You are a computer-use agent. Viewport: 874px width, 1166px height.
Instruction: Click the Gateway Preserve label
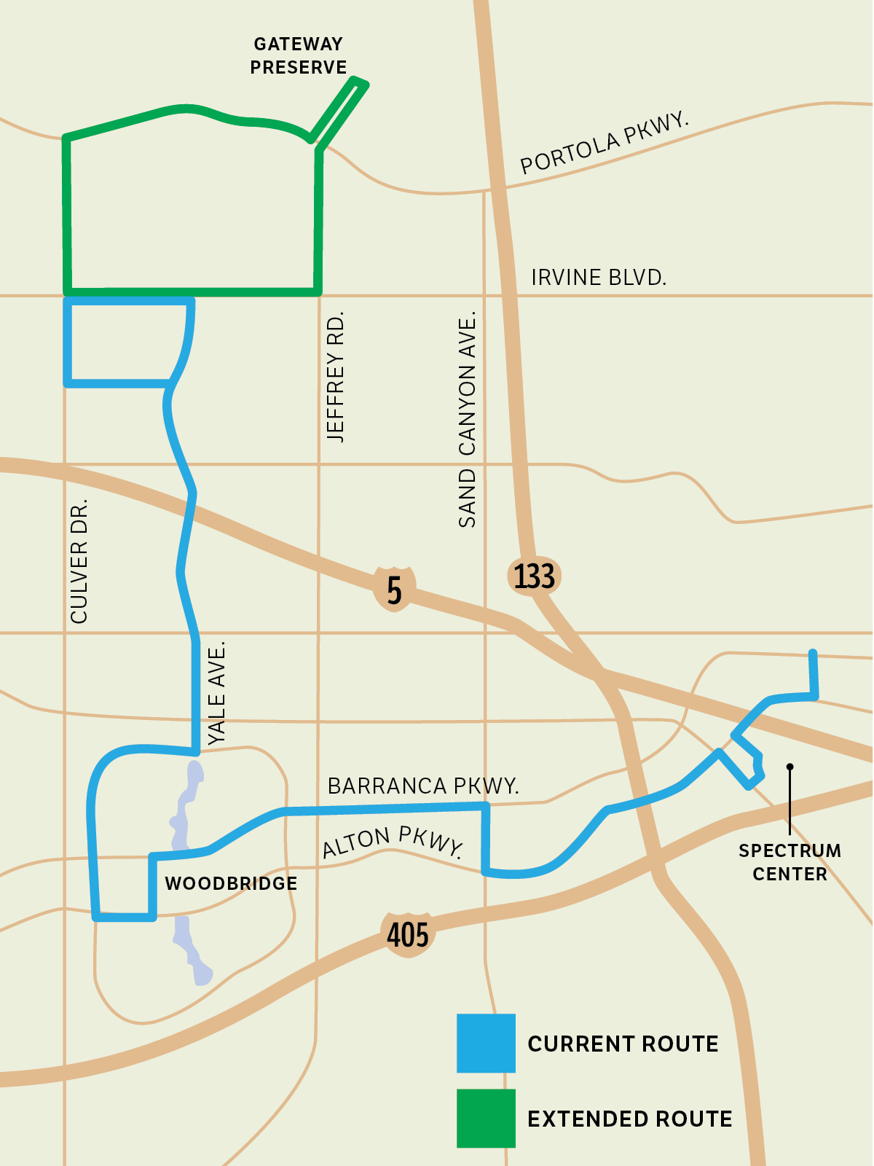299,56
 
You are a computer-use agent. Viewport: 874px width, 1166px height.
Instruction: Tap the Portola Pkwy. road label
604,143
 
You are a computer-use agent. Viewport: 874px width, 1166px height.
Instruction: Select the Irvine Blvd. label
599,278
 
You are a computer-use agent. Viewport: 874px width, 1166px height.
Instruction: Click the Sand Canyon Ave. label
467,419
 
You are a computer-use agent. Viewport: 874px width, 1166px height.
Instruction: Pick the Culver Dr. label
79,561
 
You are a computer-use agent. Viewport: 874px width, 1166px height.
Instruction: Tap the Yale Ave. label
217,692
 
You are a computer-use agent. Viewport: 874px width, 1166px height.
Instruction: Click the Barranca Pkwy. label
423,786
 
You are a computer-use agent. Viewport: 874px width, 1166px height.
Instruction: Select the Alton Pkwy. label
393,842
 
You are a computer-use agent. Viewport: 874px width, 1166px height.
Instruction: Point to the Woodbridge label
231,884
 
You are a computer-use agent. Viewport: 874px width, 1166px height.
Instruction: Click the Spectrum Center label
790,862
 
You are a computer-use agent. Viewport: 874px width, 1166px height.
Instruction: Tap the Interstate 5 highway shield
394,589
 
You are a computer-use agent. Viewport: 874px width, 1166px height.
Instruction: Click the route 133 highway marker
535,576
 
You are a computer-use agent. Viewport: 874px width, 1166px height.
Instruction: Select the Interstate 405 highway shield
408,934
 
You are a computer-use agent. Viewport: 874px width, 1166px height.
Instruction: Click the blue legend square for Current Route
486,1043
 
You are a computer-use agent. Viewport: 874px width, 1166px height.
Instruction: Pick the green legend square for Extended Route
486,1118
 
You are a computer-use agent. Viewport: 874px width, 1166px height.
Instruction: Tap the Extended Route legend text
630,1119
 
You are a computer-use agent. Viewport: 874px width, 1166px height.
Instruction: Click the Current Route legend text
623,1044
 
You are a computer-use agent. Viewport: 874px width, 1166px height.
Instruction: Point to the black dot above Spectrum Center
790,767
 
